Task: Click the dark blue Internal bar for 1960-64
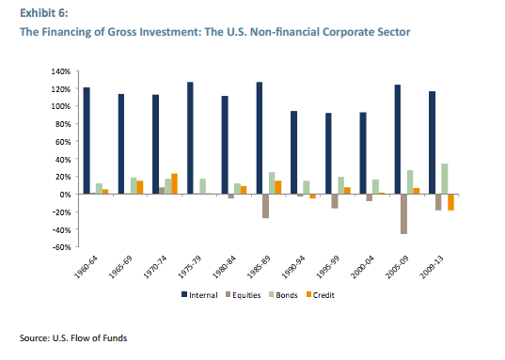pos(87,141)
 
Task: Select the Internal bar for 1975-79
pos(190,138)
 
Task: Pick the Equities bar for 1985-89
pos(266,206)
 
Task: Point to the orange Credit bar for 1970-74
pos(174,183)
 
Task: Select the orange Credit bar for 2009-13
pos(450,202)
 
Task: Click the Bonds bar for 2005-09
pos(410,182)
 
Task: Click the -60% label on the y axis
pos(60,247)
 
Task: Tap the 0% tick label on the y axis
pos(64,195)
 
